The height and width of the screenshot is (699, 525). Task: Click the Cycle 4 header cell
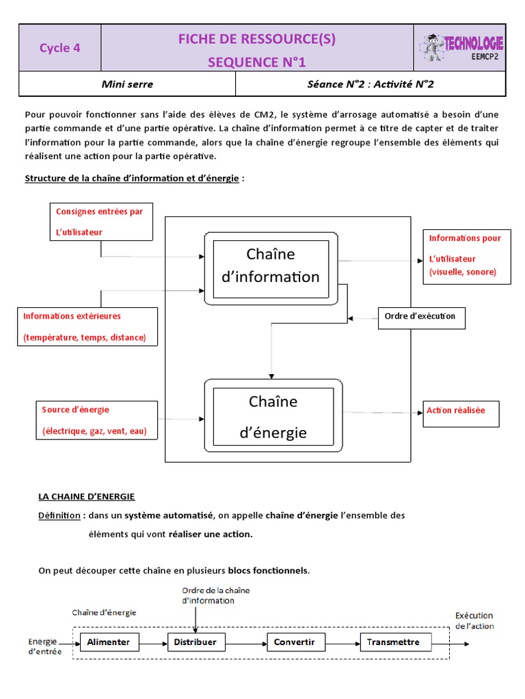coord(59,48)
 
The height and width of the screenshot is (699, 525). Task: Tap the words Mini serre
coord(127,85)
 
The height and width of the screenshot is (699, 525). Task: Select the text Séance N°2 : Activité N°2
coord(371,85)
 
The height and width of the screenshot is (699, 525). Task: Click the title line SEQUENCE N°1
coord(257,63)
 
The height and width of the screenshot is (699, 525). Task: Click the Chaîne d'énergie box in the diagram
coord(273,416)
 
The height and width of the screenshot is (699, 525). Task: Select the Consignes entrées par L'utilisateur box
coord(101,221)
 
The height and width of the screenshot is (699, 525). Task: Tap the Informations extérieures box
coord(87,326)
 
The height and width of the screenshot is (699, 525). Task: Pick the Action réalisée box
coord(461,412)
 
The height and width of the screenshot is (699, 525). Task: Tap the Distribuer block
coord(196,642)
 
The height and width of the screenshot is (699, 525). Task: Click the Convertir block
coord(295,642)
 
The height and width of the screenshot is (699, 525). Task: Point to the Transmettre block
coord(394,642)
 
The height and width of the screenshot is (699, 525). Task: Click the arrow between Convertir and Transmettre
coord(342,642)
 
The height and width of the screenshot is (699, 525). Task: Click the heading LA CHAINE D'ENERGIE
coord(86,496)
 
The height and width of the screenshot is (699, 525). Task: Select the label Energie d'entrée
coord(44,646)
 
